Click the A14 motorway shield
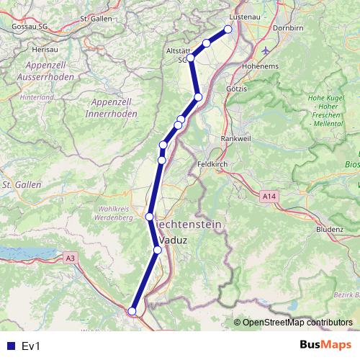269,195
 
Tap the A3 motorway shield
69,257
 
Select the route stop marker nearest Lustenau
228,30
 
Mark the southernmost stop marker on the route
132,311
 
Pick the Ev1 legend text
32,346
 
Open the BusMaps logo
320,346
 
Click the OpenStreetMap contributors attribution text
297,323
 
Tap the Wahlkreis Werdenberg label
112,212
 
